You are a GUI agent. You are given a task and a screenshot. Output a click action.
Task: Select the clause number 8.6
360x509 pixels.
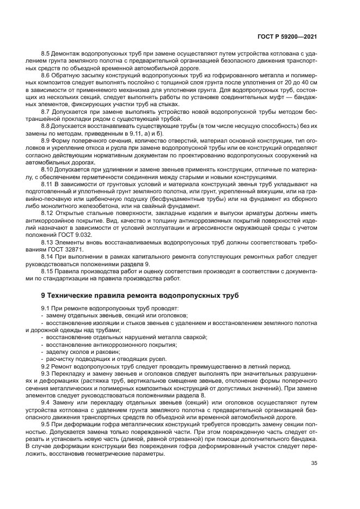tap(46, 75)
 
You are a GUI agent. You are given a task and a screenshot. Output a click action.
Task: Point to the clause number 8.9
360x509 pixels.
tap(46, 141)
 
